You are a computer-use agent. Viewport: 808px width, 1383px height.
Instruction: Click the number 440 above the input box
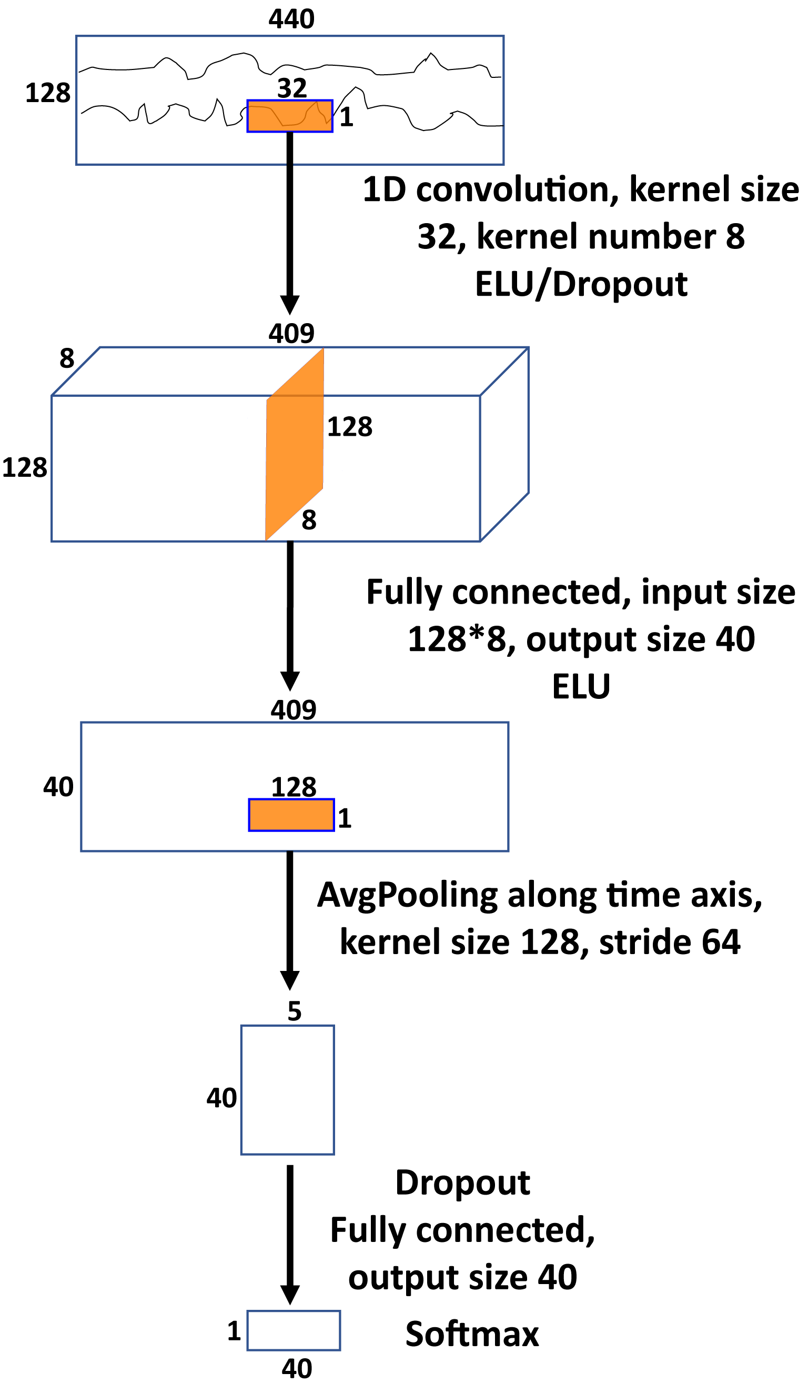[x=291, y=19]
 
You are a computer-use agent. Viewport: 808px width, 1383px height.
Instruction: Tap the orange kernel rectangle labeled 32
[x=290, y=116]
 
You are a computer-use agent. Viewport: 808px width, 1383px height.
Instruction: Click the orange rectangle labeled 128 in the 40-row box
[x=291, y=815]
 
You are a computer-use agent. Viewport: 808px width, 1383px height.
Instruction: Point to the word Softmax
[x=472, y=1334]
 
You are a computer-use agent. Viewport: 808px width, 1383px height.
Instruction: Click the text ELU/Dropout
[x=581, y=284]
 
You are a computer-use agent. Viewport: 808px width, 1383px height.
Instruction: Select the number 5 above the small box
[x=295, y=1011]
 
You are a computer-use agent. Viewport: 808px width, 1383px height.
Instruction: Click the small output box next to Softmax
[x=294, y=1330]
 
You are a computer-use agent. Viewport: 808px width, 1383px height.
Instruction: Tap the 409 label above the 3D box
[x=291, y=333]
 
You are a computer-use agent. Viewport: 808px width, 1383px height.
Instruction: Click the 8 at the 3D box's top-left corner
[x=67, y=358]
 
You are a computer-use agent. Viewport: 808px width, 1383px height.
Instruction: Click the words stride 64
[x=669, y=942]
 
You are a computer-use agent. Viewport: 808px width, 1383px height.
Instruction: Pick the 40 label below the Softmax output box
[x=297, y=1369]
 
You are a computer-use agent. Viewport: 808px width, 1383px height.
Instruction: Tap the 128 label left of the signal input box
[x=48, y=93]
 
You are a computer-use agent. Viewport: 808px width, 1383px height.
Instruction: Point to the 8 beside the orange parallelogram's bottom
[x=309, y=519]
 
